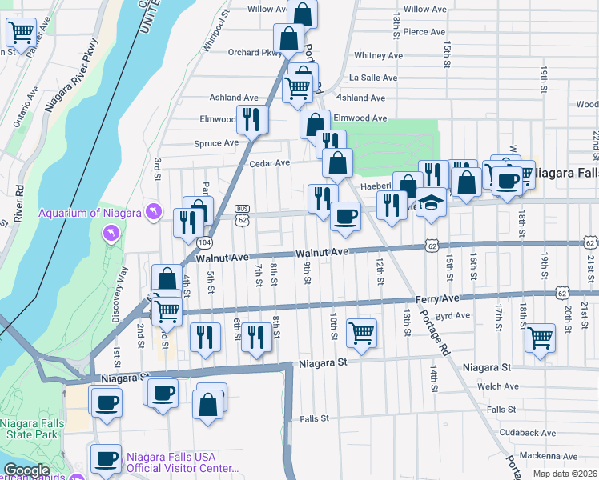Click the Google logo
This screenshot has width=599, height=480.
pos(26,470)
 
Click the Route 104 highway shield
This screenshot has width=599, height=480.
pos(205,242)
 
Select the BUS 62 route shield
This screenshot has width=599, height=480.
pos(243,214)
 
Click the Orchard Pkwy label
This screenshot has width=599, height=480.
pos(255,54)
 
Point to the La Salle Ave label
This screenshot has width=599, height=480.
pos(373,78)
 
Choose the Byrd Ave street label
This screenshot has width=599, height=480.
pos(452,316)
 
